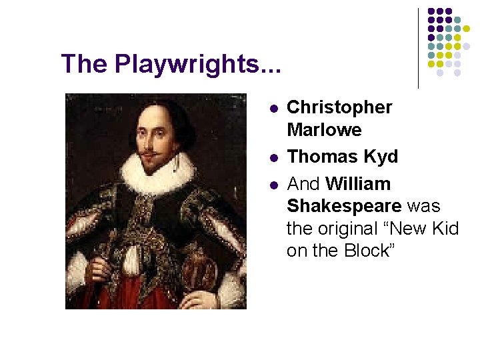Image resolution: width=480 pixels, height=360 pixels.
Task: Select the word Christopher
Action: [x=339, y=107]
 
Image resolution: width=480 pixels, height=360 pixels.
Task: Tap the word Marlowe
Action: [x=324, y=129]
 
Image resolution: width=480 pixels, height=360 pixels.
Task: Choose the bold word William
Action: [x=359, y=183]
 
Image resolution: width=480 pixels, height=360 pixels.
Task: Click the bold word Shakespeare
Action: [x=344, y=206]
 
